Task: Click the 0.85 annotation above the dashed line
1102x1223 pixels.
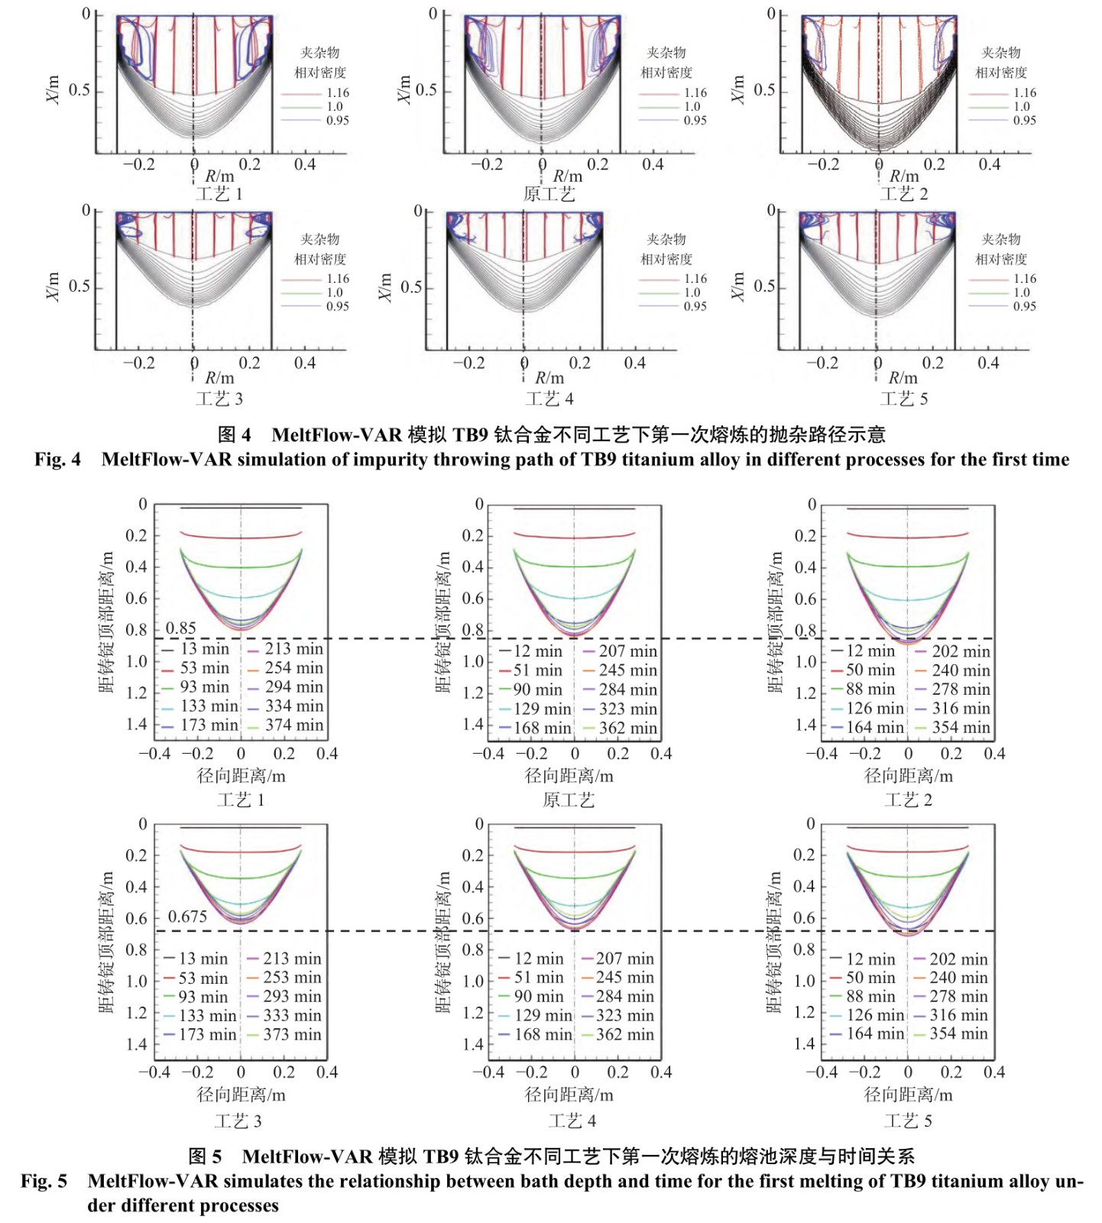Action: tap(181, 628)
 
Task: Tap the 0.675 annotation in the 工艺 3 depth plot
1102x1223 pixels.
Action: tap(187, 916)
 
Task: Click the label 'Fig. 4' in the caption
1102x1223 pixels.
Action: tap(57, 459)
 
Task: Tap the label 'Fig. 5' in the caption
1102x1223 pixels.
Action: tap(44, 1181)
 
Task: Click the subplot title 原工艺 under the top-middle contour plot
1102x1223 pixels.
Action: tap(549, 194)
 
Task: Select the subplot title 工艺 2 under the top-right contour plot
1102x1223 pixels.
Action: tap(904, 194)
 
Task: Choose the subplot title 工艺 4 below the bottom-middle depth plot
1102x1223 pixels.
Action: tap(572, 1121)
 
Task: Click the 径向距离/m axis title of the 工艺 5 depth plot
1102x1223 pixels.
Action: tap(908, 1095)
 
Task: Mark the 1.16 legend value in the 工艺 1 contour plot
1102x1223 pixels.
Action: tap(338, 92)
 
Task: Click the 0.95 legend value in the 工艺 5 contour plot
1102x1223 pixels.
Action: tap(1025, 306)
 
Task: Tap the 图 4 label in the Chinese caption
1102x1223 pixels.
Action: tap(234, 435)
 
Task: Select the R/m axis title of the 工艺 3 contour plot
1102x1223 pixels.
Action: tap(219, 378)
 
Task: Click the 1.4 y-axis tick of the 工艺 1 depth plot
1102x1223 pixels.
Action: tap(137, 724)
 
